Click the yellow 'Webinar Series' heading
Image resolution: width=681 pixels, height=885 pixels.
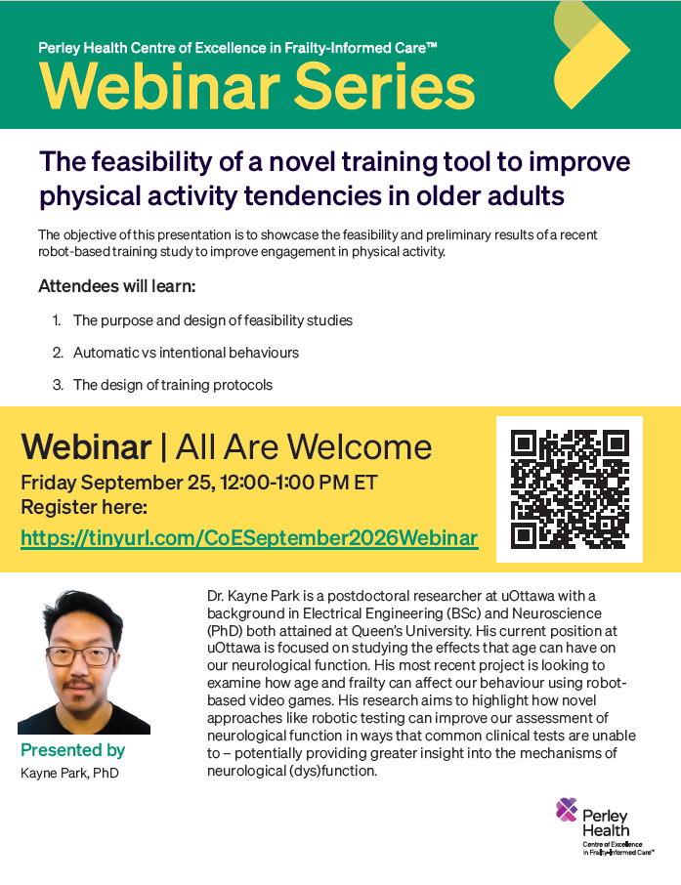(x=257, y=86)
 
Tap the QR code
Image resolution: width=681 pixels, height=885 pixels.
(x=570, y=489)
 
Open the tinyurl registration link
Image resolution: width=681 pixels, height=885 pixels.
(x=249, y=538)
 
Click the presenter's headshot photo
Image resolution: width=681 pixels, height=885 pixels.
(x=84, y=662)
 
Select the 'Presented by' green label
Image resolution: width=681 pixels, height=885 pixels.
(x=73, y=750)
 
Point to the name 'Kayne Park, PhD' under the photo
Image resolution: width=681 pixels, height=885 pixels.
(x=69, y=773)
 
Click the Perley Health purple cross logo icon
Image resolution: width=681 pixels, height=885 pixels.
(x=567, y=810)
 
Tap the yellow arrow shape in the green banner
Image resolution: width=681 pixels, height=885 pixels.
(x=591, y=56)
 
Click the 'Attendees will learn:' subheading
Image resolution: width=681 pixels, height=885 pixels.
(x=117, y=286)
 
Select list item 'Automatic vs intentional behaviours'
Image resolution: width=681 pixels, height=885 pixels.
(x=186, y=353)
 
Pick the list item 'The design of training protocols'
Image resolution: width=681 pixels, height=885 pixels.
(x=173, y=385)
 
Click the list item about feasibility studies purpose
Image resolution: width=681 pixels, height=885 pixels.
(x=213, y=320)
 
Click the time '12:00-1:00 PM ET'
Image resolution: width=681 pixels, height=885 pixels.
(x=299, y=483)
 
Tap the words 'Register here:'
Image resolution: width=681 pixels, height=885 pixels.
(x=84, y=507)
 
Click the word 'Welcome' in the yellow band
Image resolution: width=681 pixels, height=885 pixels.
(x=360, y=447)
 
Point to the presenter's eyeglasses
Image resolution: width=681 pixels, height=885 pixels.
(x=81, y=656)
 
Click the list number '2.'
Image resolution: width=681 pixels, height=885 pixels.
(x=58, y=353)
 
